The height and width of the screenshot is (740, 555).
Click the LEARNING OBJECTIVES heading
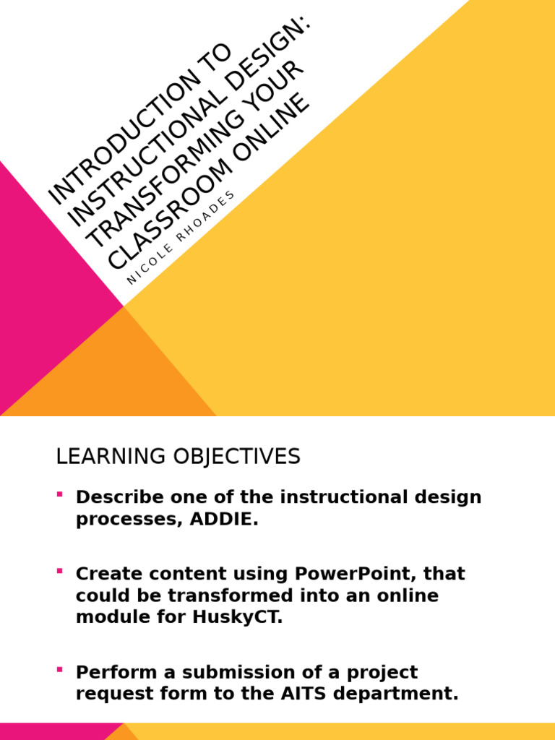tap(178, 457)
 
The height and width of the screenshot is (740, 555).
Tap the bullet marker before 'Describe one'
tap(59, 494)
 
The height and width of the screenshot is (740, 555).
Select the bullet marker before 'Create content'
tap(59, 571)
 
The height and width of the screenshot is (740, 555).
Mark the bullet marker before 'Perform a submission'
tap(59, 669)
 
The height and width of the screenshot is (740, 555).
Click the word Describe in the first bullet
tap(116, 497)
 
